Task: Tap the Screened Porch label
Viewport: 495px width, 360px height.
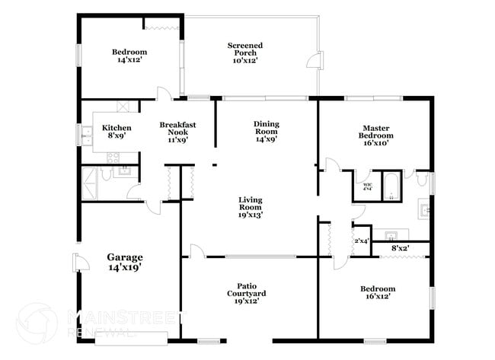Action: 245,53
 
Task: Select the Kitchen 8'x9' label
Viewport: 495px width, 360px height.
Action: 117,132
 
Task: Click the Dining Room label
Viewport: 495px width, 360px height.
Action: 266,132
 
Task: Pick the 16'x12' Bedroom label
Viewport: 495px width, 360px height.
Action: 378,293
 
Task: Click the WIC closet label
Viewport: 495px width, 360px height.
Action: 367,186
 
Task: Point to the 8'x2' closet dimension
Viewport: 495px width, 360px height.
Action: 401,248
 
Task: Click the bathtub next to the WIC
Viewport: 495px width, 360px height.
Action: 390,187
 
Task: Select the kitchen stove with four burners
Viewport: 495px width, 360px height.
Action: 113,158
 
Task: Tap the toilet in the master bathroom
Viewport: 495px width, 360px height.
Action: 420,181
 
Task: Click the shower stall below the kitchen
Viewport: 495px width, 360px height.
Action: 94,183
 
